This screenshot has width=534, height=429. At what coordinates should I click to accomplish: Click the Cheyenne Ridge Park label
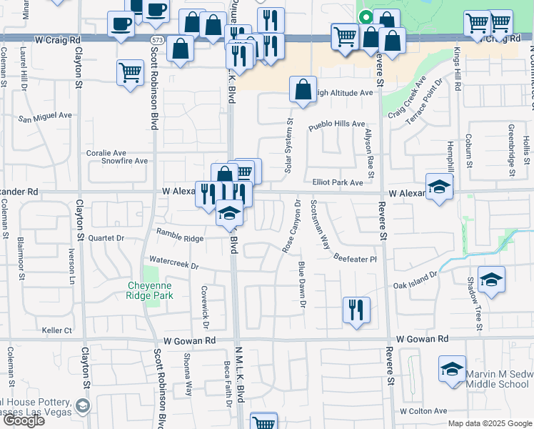pos(150,290)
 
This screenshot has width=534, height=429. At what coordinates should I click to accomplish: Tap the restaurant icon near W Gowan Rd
pos(356,310)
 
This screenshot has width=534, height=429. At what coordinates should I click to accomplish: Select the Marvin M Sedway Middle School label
pos(497,379)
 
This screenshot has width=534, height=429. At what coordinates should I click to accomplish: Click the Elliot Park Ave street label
pos(338,183)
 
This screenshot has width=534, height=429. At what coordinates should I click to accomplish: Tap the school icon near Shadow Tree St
pos(491,280)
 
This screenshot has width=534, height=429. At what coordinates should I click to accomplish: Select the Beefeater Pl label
pos(355,259)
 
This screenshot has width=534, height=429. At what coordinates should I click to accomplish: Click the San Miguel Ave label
pos(45,116)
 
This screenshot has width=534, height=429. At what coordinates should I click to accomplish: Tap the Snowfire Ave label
pos(124,161)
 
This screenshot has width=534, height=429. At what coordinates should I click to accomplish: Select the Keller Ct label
pos(57,330)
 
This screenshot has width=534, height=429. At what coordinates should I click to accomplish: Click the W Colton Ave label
pos(423,411)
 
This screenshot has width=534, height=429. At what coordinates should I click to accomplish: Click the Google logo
pos(23,420)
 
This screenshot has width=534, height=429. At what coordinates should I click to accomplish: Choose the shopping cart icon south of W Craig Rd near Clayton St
pos(130,71)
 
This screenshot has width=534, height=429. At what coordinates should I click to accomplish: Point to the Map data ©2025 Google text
pos(490,423)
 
